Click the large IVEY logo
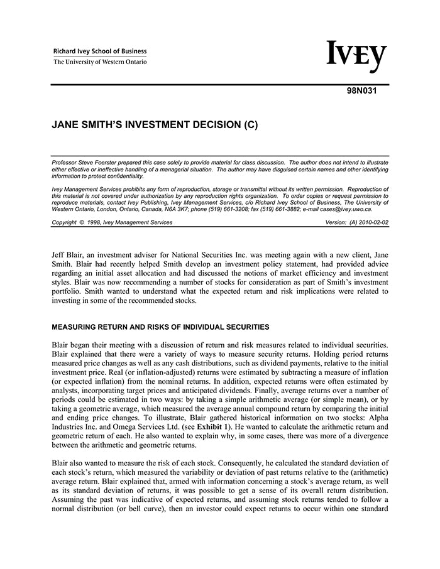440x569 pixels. click(356, 57)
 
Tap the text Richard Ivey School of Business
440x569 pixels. click(100, 51)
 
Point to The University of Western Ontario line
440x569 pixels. click(100, 62)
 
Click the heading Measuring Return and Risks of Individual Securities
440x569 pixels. click(160, 327)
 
